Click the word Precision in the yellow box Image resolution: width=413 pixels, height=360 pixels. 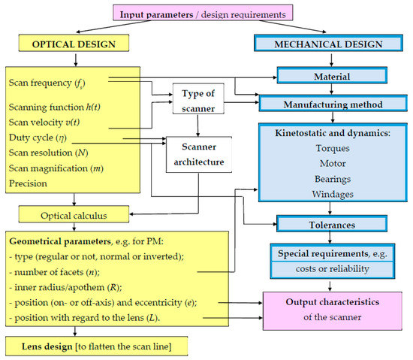click(x=30, y=182)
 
